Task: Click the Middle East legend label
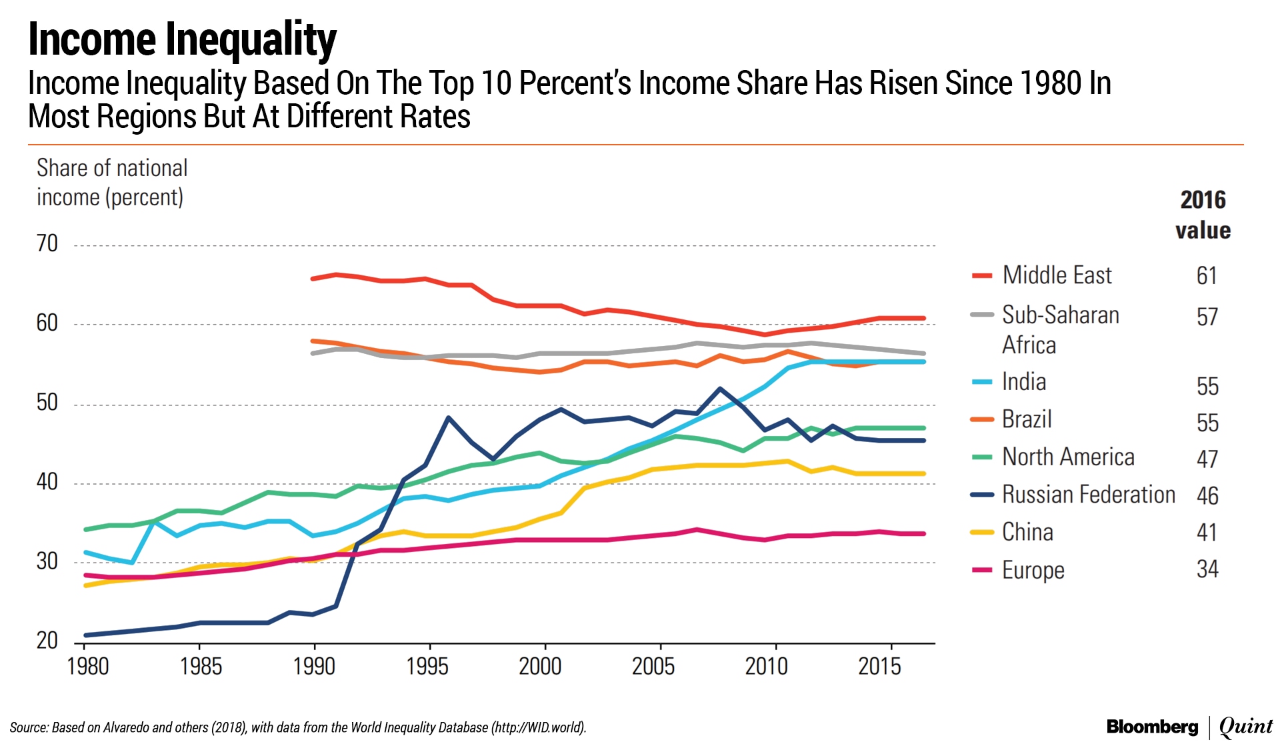(x=1057, y=275)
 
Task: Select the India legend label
(x=1024, y=382)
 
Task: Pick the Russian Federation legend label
(x=1088, y=495)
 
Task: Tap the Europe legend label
(x=1033, y=570)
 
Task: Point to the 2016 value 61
(x=1207, y=275)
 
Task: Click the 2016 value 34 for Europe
(x=1207, y=569)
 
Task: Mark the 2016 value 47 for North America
(x=1207, y=459)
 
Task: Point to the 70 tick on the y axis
(x=47, y=243)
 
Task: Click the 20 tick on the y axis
(x=47, y=641)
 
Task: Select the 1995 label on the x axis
(x=427, y=666)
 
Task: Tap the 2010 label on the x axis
(x=766, y=666)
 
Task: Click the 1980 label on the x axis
(x=88, y=666)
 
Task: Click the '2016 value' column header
(x=1203, y=215)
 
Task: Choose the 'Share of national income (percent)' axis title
(x=111, y=182)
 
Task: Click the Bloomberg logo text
(x=1152, y=727)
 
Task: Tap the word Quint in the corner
(x=1245, y=727)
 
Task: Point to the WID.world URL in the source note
(x=538, y=727)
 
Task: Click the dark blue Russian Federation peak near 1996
(x=448, y=418)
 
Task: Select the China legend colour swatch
(x=982, y=532)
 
